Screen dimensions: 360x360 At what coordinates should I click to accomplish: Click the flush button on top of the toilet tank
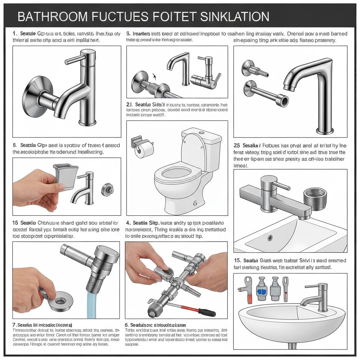201,133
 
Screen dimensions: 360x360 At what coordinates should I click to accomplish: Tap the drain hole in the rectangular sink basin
270,238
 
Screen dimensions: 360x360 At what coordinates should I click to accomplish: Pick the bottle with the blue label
262,290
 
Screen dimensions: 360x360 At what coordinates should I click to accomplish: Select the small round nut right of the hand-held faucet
107,189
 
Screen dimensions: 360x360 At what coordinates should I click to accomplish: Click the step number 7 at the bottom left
14,325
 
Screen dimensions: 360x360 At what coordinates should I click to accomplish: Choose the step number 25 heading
237,146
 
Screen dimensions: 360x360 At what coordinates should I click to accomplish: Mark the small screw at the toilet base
194,203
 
